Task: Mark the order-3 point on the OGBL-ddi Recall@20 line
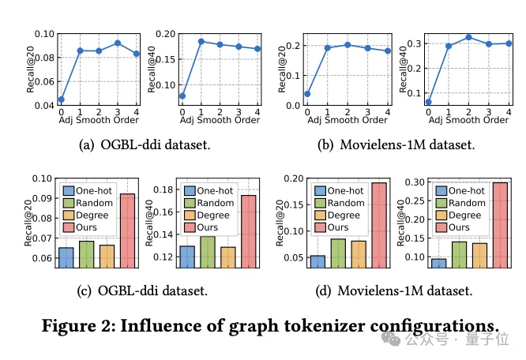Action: coord(117,43)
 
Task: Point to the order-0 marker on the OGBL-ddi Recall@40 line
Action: coord(182,96)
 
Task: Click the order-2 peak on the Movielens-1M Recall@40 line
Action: coord(468,37)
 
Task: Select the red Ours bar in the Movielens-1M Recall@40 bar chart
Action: coord(500,225)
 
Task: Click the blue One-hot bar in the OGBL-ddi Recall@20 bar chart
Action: coord(66,257)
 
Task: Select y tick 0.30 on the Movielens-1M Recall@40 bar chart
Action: coord(412,182)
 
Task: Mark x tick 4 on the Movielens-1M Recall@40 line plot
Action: coord(509,112)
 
